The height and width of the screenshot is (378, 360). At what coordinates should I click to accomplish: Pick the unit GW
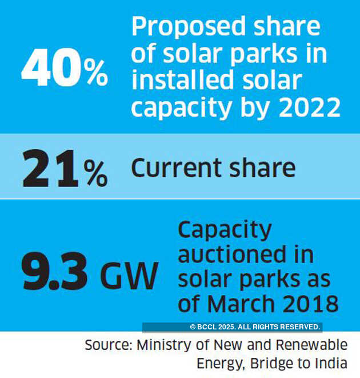(x=129, y=276)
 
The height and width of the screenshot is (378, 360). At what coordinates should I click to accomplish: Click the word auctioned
(x=246, y=254)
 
